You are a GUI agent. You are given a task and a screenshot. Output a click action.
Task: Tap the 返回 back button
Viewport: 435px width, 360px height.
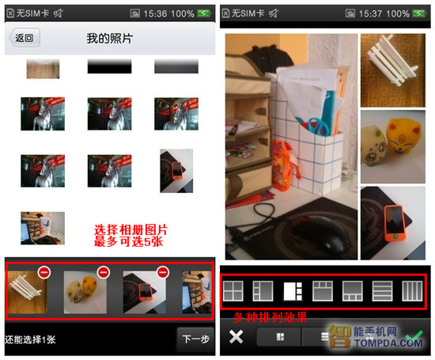(x=25, y=38)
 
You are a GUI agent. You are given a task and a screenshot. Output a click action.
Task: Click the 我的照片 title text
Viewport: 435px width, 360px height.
(x=110, y=38)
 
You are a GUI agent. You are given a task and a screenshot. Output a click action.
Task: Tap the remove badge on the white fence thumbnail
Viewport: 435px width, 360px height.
(x=44, y=272)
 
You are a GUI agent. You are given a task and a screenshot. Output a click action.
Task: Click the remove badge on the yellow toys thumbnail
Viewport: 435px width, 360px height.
(x=104, y=272)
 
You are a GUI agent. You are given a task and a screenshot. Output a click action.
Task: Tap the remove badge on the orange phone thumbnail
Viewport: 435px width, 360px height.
(x=163, y=272)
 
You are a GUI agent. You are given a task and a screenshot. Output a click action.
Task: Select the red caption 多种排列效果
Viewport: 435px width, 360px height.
(x=270, y=317)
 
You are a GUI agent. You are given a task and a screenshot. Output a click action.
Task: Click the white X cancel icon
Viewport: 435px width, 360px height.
(x=236, y=337)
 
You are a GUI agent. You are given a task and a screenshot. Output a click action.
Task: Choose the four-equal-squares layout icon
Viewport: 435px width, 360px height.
(x=233, y=291)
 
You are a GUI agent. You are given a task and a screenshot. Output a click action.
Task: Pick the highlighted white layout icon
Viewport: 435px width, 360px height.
(x=293, y=291)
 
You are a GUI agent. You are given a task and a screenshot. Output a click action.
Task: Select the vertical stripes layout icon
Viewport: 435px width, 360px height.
(x=412, y=291)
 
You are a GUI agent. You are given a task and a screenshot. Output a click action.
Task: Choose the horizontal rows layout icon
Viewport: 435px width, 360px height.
(x=382, y=291)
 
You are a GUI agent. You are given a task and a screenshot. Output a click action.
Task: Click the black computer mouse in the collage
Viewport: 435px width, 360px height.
(x=319, y=234)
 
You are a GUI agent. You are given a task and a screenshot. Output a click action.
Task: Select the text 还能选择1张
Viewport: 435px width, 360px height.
(x=30, y=339)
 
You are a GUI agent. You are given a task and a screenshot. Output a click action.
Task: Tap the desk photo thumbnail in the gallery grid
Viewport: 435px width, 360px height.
(x=43, y=228)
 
